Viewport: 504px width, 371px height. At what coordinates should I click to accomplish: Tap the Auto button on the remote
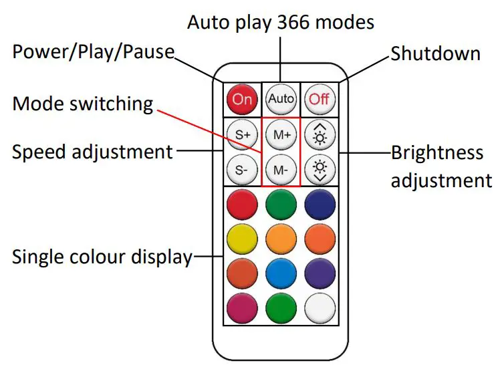point(281,100)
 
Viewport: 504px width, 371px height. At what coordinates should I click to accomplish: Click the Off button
point(319,100)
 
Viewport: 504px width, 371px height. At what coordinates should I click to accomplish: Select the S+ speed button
point(242,134)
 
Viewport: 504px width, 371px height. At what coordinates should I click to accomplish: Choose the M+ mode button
point(281,134)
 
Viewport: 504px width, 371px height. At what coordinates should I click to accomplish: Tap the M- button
point(281,169)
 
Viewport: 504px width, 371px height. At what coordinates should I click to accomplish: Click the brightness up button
point(319,134)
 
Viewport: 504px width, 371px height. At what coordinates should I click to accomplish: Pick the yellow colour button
point(242,238)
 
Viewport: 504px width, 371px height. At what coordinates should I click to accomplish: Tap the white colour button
point(319,310)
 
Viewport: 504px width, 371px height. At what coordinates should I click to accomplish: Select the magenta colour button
point(242,310)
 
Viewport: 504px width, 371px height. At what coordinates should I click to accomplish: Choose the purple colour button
point(319,274)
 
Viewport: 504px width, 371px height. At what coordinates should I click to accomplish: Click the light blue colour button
point(281,274)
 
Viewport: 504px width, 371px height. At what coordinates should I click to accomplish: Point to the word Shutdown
point(435,53)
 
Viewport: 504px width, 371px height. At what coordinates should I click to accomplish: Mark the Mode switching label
point(83,104)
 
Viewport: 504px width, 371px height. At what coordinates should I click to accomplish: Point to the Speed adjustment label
point(92,152)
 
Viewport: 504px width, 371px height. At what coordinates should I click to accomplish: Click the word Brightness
point(436,153)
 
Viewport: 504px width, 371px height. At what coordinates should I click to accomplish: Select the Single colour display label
point(102,256)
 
